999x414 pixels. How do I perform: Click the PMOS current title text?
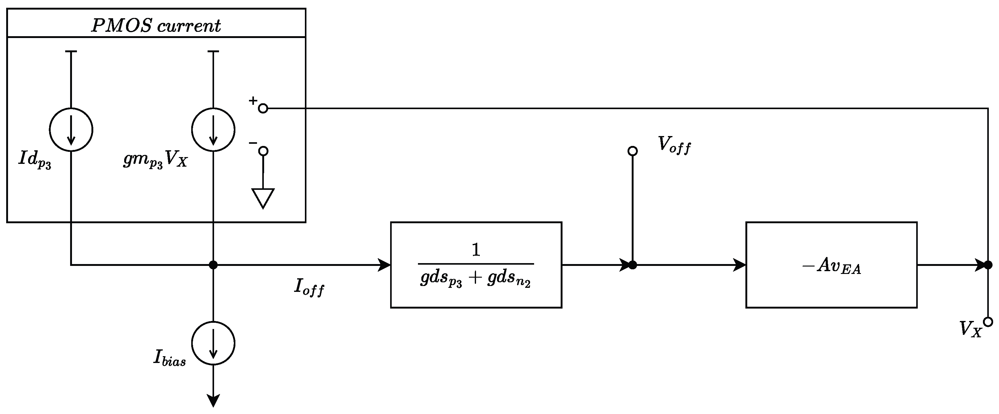coord(156,26)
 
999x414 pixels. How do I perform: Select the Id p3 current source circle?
coord(71,130)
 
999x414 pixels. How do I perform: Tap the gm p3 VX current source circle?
coord(213,130)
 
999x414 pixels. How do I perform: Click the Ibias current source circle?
coord(213,343)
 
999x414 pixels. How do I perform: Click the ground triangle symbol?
coord(263,197)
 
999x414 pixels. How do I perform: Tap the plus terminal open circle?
coord(263,109)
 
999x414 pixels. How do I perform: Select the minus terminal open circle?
coord(263,151)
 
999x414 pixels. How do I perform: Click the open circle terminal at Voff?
coord(633,151)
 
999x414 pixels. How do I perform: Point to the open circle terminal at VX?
coord(988,322)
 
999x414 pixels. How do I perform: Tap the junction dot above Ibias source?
coord(213,265)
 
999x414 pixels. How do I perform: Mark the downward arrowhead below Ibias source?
coord(213,400)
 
